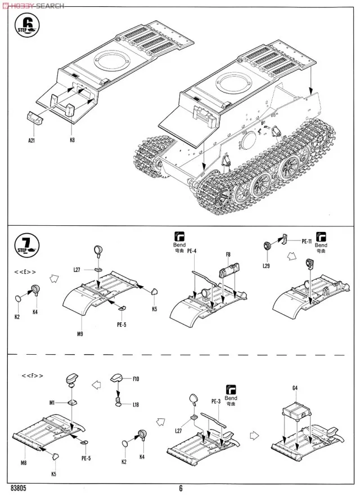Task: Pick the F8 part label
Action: click(228, 254)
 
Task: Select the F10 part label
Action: click(136, 379)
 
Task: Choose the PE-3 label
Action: click(215, 401)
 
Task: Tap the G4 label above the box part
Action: click(295, 388)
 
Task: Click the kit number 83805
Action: click(19, 489)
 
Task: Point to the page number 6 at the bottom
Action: click(181, 489)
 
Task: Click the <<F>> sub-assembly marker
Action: click(32, 375)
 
